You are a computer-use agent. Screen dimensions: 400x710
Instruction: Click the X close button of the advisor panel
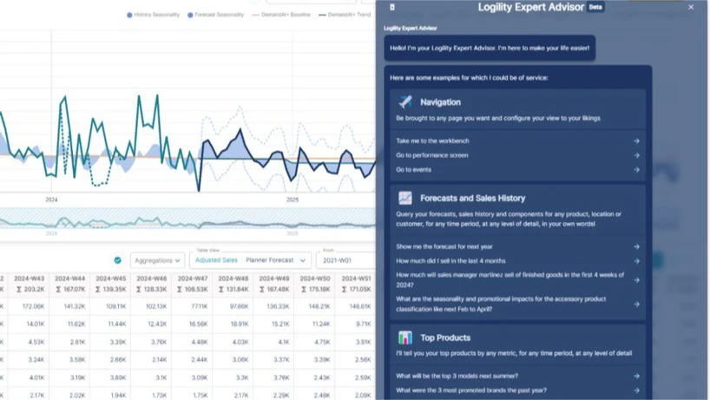(x=691, y=7)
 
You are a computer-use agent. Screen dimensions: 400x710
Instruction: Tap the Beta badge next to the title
(x=595, y=7)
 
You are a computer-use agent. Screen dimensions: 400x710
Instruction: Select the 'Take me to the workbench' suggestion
(x=517, y=141)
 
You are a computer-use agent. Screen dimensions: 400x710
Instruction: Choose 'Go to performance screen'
(x=517, y=155)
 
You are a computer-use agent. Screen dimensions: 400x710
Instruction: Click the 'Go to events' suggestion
(x=517, y=169)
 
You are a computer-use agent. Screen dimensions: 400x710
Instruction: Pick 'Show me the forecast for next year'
(x=517, y=246)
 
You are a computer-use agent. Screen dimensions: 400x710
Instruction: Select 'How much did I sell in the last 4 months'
(x=517, y=260)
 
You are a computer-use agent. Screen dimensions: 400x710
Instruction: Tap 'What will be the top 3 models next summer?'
(x=517, y=376)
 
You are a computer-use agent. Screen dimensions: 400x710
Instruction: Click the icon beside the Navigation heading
(x=405, y=102)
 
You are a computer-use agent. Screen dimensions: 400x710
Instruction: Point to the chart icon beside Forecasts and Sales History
(x=405, y=198)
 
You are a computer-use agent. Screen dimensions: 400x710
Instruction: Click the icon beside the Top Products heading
(x=405, y=338)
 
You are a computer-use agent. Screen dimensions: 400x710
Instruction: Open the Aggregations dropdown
(x=158, y=260)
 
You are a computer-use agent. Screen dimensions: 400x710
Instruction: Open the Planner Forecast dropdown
(x=277, y=260)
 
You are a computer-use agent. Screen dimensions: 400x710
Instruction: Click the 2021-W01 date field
(x=345, y=260)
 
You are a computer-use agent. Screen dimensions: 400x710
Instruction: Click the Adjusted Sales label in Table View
(x=216, y=260)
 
